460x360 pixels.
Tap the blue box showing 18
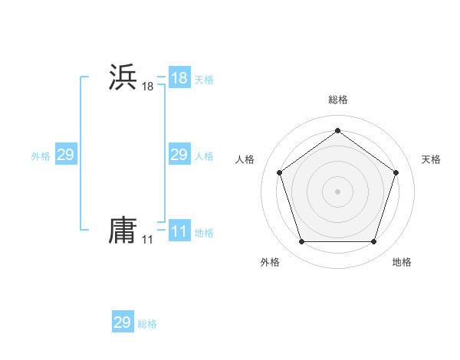179,78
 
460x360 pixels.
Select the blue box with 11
179,231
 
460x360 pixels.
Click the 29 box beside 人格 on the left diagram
179,155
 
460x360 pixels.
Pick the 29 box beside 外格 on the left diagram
65,155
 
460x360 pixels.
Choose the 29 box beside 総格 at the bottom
122,322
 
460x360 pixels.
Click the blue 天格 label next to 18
204,79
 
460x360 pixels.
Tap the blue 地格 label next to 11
204,232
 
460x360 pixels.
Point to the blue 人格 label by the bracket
204,155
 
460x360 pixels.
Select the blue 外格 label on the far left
41,155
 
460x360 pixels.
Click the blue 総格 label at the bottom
147,323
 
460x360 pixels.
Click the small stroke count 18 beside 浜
147,87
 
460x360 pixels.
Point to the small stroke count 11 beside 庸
147,241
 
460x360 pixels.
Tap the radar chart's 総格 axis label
337,100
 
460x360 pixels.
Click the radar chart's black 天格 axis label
432,159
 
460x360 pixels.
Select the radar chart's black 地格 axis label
402,262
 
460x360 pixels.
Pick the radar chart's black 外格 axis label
270,262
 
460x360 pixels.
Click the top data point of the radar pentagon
337,130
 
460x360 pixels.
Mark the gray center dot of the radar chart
337,191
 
